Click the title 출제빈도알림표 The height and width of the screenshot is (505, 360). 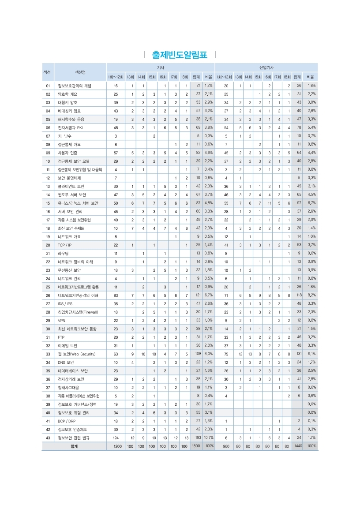coord(180,55)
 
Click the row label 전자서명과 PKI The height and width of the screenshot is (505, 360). coord(70,127)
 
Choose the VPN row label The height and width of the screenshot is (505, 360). coord(62,320)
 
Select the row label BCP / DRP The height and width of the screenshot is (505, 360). coord(66,421)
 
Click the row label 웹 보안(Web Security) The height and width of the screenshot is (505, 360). coord(76,354)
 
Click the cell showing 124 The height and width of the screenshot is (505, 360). coord(116,438)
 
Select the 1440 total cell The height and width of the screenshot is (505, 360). coord(298,446)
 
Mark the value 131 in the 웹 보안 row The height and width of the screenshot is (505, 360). coord(298,354)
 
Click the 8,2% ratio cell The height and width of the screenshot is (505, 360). coord(311,295)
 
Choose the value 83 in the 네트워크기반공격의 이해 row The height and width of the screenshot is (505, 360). coord(116,295)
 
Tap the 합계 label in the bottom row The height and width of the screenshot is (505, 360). coord(74,446)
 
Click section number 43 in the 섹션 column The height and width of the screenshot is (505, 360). coord(48,438)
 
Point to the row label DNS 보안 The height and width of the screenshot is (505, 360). coord(67,362)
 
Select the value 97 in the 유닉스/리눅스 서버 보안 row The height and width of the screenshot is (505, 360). coord(299,203)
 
